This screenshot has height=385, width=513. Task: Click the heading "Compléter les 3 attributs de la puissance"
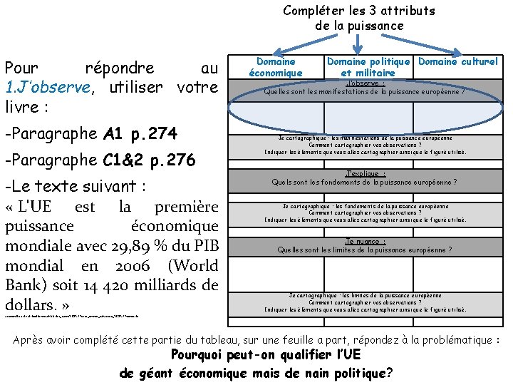point(358,18)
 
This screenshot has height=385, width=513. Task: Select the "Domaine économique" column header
point(276,67)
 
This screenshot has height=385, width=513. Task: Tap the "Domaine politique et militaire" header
point(368,67)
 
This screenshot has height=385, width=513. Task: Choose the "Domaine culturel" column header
point(457,62)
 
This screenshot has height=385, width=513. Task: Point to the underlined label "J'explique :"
point(364,173)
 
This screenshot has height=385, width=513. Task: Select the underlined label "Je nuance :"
point(364,242)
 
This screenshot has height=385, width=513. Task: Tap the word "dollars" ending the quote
point(30,306)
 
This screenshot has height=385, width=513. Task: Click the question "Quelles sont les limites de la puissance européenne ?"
point(364,250)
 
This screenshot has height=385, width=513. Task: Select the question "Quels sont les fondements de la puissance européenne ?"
point(364,182)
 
